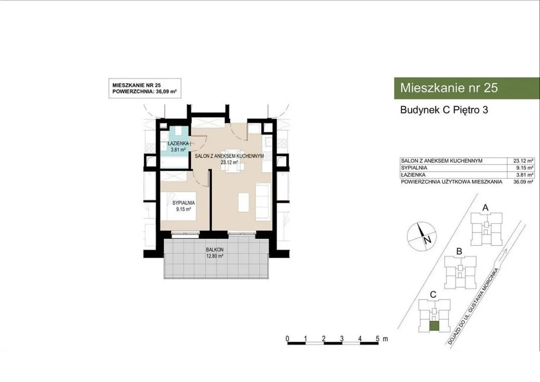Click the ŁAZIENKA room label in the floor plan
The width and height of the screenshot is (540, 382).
(x=178, y=143)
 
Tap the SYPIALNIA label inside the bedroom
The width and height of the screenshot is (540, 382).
(x=183, y=203)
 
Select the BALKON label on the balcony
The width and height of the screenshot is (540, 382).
(x=215, y=250)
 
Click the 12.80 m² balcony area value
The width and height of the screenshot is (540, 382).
(x=215, y=256)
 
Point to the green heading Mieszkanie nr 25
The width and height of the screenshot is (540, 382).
(x=449, y=88)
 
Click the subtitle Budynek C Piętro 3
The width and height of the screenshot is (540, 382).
(x=444, y=110)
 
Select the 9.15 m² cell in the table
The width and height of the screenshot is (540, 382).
(x=525, y=168)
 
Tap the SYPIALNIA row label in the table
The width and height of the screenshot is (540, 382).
(x=414, y=168)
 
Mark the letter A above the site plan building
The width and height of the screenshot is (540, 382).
(x=485, y=207)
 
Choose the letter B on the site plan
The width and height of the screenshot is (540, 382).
(x=459, y=252)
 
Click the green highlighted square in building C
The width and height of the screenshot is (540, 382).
(x=435, y=326)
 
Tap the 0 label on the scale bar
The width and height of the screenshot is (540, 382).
(x=287, y=339)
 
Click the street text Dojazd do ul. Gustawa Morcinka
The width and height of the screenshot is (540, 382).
(x=473, y=306)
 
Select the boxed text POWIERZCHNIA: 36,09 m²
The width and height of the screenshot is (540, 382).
(x=145, y=92)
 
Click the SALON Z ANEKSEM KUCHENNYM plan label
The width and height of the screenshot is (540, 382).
(x=229, y=156)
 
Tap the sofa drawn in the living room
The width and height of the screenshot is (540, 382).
(x=263, y=201)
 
